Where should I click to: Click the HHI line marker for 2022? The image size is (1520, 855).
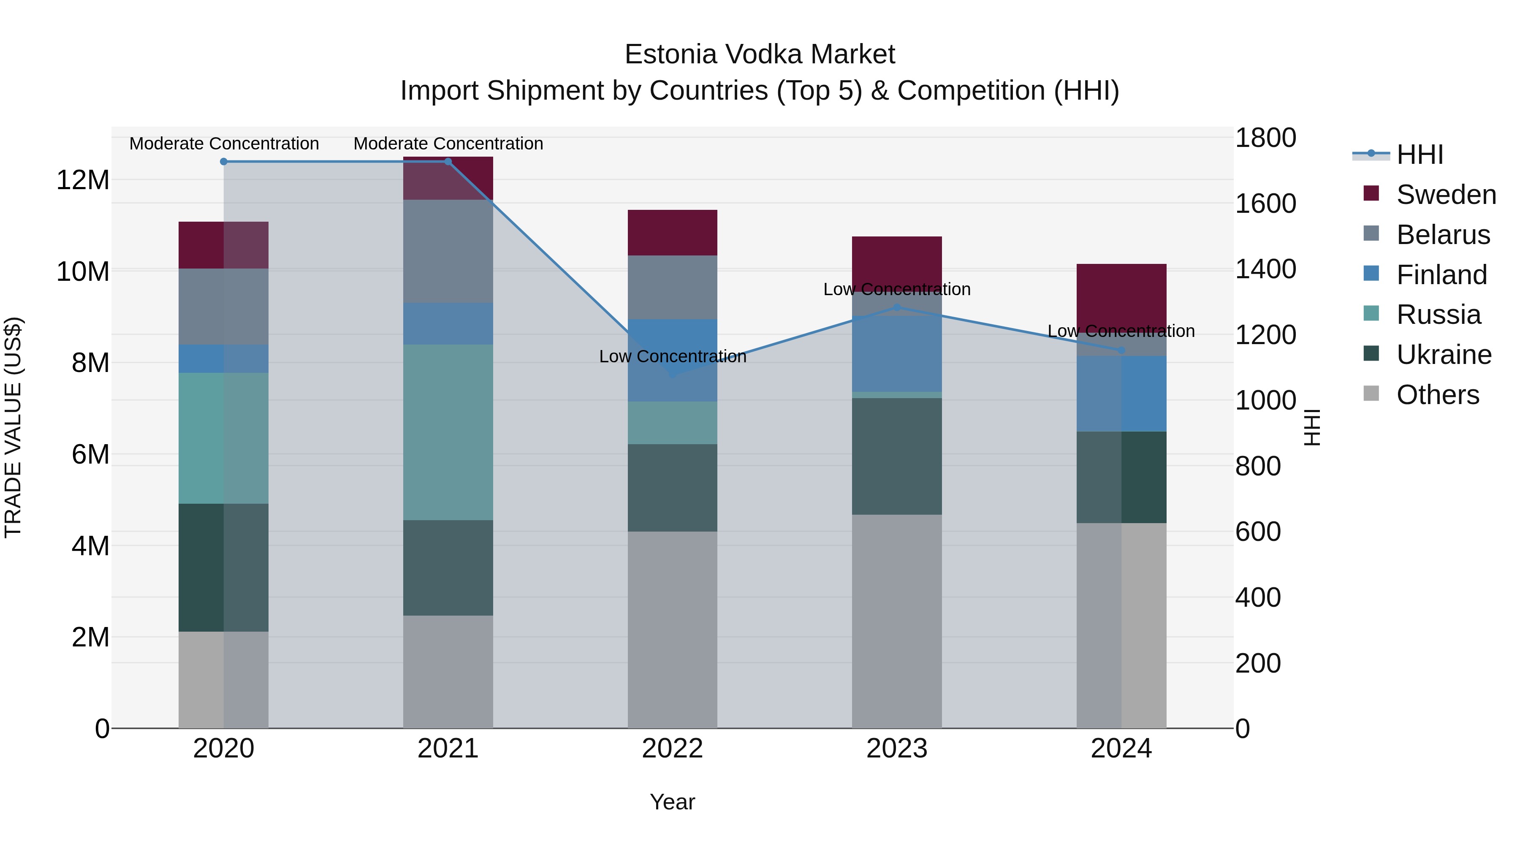(x=672, y=374)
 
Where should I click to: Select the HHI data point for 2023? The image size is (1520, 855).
(x=897, y=307)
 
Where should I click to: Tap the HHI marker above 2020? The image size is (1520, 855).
(x=224, y=162)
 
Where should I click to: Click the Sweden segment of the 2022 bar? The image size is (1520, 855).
(x=672, y=233)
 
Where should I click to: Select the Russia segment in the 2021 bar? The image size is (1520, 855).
(x=448, y=432)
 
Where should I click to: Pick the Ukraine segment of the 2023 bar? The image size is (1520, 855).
(x=897, y=456)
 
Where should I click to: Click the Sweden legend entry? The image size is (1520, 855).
(x=1446, y=195)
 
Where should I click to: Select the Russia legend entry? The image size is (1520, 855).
(x=1438, y=315)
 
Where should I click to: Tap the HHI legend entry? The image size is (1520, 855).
(x=1420, y=155)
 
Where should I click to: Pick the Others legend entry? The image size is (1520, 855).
(x=1437, y=395)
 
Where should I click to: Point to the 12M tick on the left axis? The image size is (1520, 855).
(x=83, y=180)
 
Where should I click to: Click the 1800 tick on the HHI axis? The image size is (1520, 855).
(x=1266, y=138)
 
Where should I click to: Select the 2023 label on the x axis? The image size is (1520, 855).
(x=897, y=749)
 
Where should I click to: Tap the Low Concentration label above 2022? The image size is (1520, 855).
(x=673, y=356)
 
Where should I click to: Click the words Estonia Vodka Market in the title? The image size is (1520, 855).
(x=760, y=54)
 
